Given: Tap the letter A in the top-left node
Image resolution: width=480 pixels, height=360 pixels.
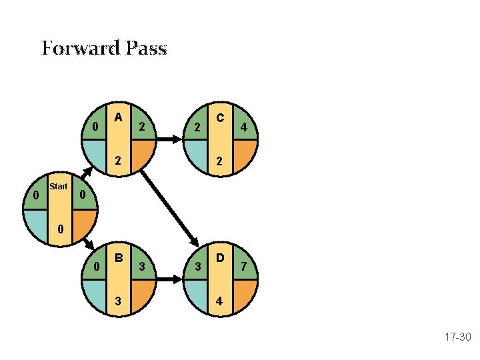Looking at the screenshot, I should coord(118,117).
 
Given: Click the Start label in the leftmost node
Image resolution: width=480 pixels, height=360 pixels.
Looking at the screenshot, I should coord(59,187).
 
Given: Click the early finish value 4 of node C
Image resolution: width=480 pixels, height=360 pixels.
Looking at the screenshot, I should coord(245,127).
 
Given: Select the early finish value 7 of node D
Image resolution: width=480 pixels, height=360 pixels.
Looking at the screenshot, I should coord(245,267).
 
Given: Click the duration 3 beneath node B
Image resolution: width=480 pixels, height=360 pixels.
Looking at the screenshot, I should coord(118,301).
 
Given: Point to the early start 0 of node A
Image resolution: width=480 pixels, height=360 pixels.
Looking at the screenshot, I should coord(96,127).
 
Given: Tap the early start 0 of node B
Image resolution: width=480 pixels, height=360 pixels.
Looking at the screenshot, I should coord(96,267).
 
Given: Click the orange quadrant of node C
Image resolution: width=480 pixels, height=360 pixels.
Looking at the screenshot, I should coord(242,155).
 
